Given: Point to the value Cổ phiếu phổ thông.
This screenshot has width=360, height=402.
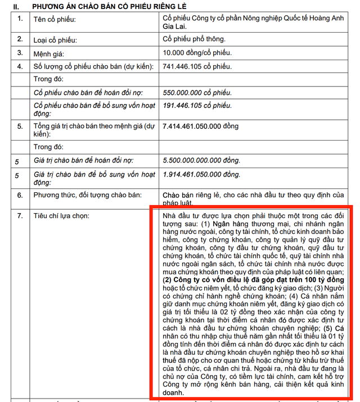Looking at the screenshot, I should pyautogui.click(x=193, y=39).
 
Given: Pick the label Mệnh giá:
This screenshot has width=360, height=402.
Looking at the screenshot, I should pyautogui.click(x=51, y=53).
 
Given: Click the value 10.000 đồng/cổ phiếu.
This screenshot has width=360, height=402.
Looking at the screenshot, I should pyautogui.click(x=196, y=53).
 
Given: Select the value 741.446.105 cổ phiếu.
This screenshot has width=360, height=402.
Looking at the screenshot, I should pyautogui.click(x=196, y=67).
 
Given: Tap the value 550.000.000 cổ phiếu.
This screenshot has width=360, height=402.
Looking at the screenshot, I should pyautogui.click(x=196, y=92).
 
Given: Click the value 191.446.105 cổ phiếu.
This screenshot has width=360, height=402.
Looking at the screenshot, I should pyautogui.click(x=196, y=105).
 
